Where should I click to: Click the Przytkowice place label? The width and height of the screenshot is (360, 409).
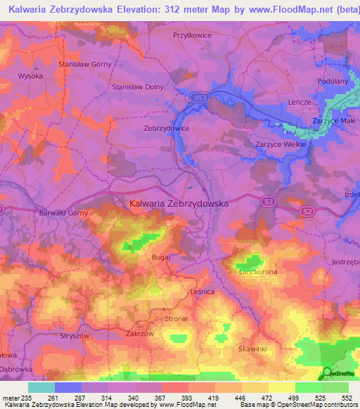pos(192,34)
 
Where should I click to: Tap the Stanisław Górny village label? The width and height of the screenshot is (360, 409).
pos(85,64)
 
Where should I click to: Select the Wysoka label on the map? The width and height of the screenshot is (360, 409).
pos(30,75)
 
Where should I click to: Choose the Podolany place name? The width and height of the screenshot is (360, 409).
pos(333,81)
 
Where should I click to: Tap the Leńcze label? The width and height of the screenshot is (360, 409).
pos(300,102)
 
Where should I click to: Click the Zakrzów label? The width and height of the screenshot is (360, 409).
pos(140,335)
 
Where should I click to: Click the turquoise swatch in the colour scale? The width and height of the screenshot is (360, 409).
pos(41,387)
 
